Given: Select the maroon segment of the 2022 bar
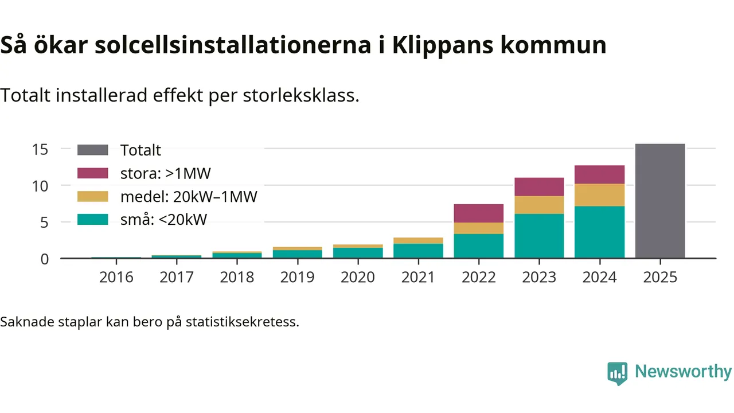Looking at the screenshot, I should (x=479, y=213).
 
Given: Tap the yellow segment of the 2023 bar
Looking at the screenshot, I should (x=539, y=205).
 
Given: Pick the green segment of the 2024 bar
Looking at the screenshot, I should (x=599, y=232).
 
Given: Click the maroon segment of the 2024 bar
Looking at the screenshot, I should (x=599, y=174).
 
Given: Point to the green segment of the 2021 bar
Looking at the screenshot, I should (x=418, y=251).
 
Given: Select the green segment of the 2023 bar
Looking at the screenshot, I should (x=539, y=236).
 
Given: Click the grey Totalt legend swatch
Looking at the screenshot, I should (x=92, y=150).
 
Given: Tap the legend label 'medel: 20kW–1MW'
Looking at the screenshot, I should (x=189, y=197).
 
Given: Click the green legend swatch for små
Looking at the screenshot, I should (x=92, y=219).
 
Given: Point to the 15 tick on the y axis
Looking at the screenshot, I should (x=40, y=149).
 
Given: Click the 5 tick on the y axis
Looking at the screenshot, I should (x=44, y=222).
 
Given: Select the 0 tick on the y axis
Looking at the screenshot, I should (x=44, y=259).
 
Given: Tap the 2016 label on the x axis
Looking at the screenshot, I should (x=116, y=278).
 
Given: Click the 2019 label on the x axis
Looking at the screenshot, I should (x=297, y=278).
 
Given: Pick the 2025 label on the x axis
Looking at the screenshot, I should (x=660, y=278).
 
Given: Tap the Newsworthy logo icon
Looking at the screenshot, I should (x=617, y=373).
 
